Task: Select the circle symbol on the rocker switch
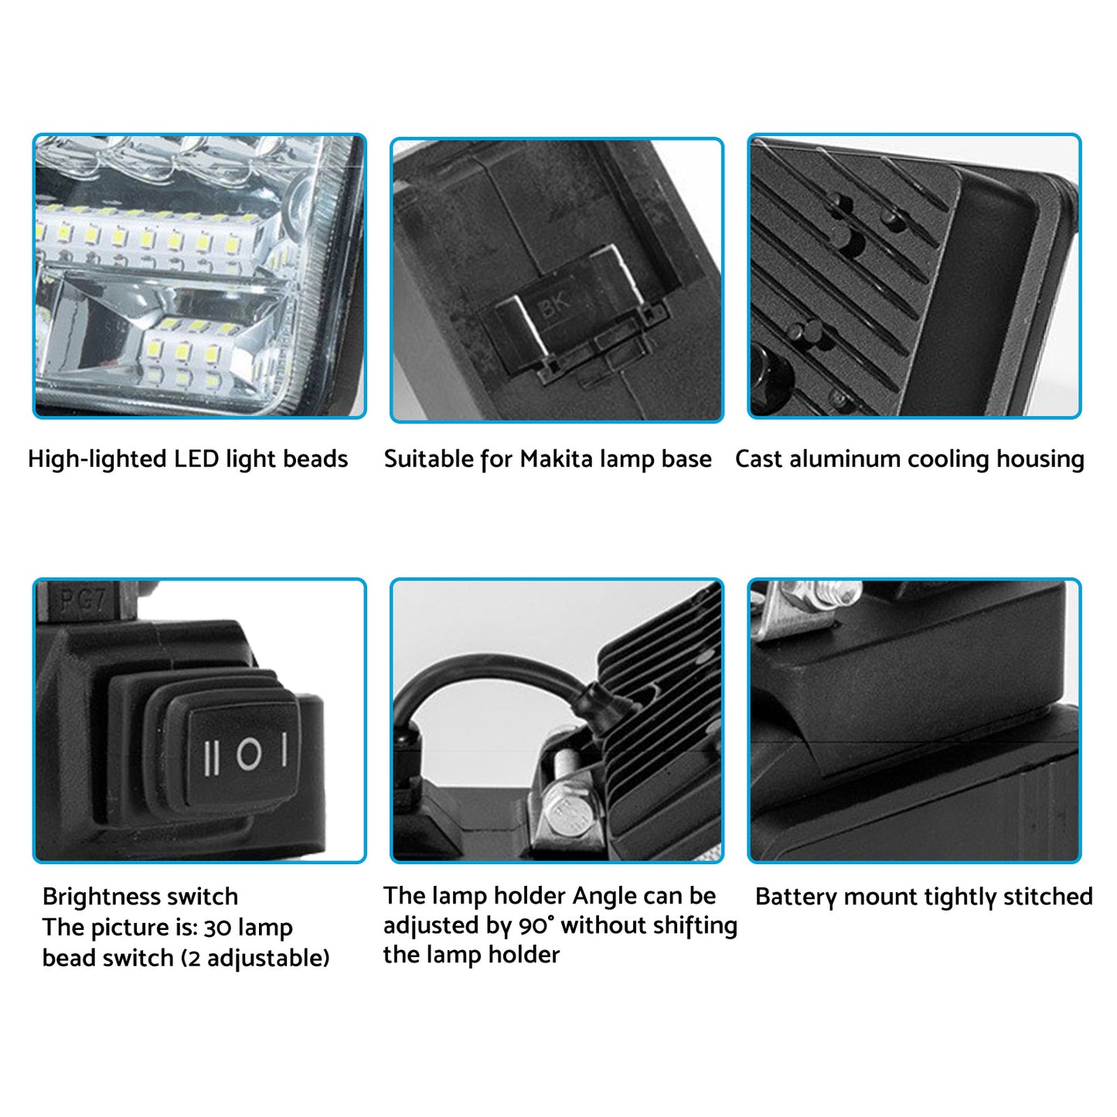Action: tap(249, 754)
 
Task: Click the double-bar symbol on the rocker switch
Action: tap(213, 757)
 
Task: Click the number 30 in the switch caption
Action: tap(217, 928)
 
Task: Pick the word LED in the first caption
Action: tap(197, 459)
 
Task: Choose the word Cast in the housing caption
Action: tap(758, 459)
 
